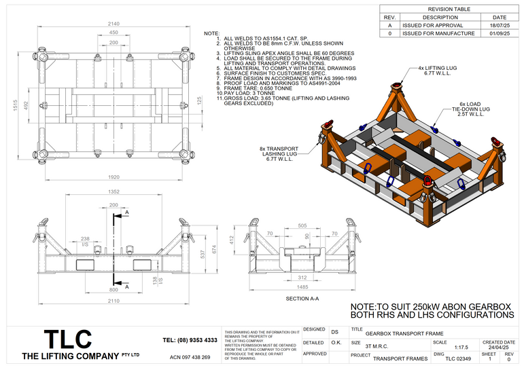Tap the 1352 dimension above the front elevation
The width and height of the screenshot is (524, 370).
pos(113,191)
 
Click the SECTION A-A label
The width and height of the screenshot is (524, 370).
pos(302,299)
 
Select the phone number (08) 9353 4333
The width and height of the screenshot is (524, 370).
pos(190,339)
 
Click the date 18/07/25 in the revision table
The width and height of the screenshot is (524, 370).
pos(499,24)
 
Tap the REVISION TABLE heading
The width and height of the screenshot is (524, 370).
pos(450,9)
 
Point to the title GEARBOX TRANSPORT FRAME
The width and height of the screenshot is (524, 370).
pos(404,333)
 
